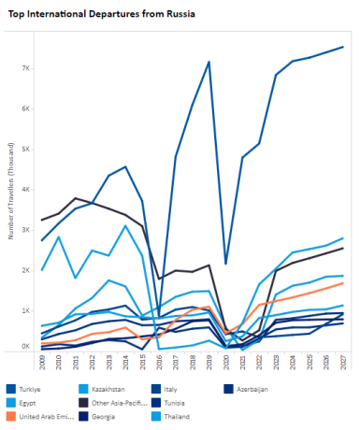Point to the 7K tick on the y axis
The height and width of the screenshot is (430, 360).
click(27, 68)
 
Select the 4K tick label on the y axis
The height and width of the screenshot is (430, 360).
click(27, 189)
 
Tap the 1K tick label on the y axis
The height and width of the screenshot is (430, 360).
click(27, 309)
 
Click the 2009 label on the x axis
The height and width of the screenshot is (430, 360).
click(42, 362)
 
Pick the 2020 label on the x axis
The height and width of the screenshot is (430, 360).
click(226, 362)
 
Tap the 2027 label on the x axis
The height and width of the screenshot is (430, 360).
click(343, 362)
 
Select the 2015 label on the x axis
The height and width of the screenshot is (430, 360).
click(142, 362)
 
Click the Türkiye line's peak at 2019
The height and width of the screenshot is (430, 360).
click(209, 62)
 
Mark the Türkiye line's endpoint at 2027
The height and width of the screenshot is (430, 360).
click(343, 47)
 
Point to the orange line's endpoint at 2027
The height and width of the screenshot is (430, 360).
click(343, 282)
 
